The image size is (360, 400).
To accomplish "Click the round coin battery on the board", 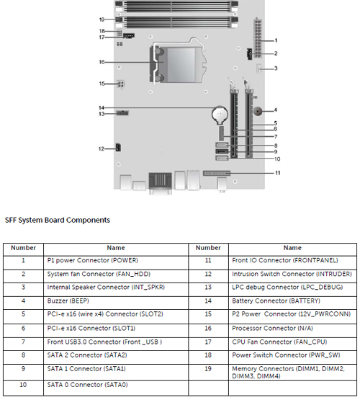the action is coord(220,115).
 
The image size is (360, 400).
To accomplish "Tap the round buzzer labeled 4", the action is coord(258,111).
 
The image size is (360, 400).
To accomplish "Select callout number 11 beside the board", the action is coord(277,173).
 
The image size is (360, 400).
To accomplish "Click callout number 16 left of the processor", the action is coord(102,62).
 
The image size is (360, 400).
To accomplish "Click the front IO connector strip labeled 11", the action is coord(217,173).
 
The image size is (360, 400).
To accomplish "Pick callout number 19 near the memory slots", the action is coord(102,19).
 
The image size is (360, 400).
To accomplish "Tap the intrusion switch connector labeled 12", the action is coord(118,147).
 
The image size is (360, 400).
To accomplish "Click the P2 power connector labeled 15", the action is coord(121,84).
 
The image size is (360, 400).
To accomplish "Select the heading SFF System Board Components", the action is coord(58,220).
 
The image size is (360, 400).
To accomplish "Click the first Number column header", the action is coord(24,248).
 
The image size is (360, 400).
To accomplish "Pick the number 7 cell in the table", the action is coord(23,342).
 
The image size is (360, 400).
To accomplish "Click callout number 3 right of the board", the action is coord(276,68).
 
